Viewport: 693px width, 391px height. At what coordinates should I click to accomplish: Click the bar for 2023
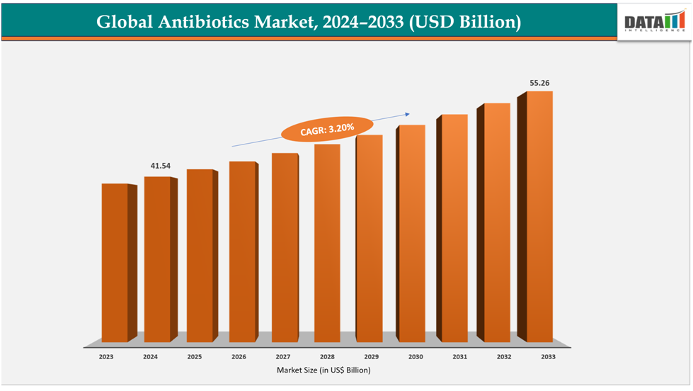coord(115,262)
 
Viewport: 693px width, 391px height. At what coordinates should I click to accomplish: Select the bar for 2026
coord(242,251)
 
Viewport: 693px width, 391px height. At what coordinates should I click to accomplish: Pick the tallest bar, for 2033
coord(539,216)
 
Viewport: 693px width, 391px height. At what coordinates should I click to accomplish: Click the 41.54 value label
coord(161,166)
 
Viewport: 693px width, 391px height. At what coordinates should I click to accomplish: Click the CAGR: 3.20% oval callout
coord(326,129)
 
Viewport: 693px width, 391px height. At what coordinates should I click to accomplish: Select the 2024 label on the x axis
coord(150,358)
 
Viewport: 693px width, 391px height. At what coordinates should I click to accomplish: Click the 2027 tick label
coord(282,358)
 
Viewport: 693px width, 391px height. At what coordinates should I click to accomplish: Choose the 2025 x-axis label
coord(194,358)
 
